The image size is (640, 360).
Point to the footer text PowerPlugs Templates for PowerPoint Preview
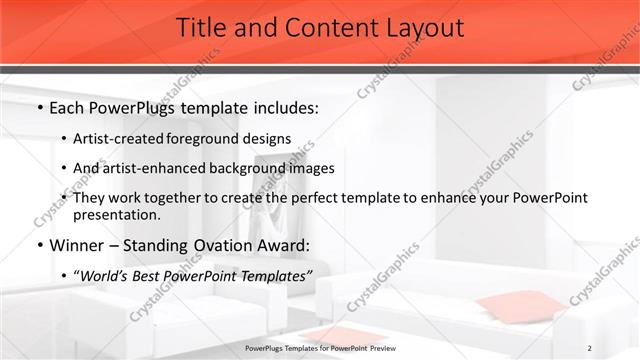tap(320, 348)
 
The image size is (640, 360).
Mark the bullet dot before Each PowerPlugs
tap(39, 106)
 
